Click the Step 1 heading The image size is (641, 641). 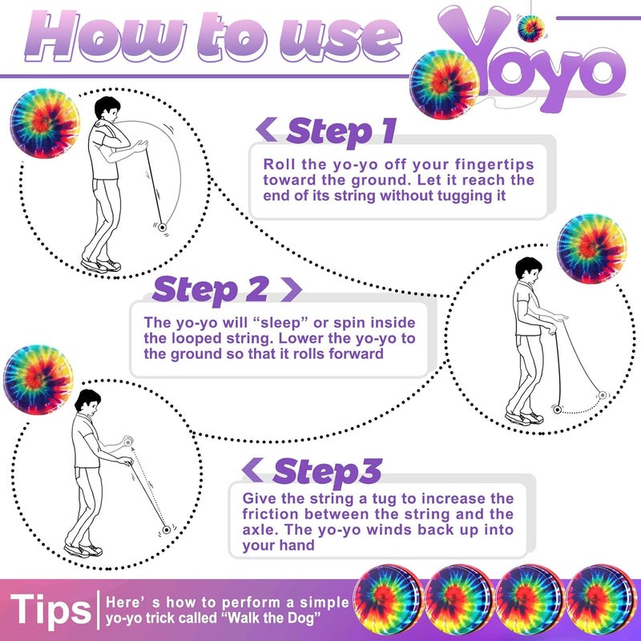tap(341, 131)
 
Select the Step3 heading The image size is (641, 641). tap(328, 471)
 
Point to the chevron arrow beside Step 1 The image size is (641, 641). tap(267, 129)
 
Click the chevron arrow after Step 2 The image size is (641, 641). tap(291, 289)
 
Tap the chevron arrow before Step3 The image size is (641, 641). tap(252, 470)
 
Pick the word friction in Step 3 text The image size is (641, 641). tap(270, 514)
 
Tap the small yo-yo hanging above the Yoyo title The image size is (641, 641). tap(530, 28)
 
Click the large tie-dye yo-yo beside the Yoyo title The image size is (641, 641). tap(445, 84)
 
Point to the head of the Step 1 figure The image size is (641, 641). tap(107, 109)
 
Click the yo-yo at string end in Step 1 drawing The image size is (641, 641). tap(163, 228)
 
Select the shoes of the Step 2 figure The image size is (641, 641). tap(525, 418)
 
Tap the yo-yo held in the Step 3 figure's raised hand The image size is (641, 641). tap(128, 442)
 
